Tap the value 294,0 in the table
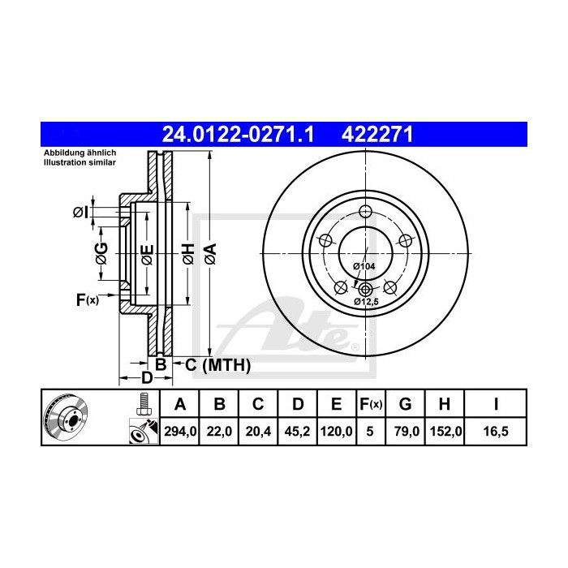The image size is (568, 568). pos(180,432)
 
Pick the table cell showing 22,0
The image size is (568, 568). pos(219,432)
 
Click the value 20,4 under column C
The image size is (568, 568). pos(257,432)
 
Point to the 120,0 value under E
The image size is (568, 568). pos(335,432)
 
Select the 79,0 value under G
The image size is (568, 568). pos(408,432)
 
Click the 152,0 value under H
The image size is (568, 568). pos(446,432)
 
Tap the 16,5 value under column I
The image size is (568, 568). pos(495,432)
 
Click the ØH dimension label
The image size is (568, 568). pos(187,253)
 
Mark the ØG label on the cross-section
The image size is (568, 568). pos(101,253)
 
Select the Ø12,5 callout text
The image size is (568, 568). pos(367,302)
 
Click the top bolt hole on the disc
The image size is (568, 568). pos(365,213)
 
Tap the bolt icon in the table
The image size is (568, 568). pos(143,402)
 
